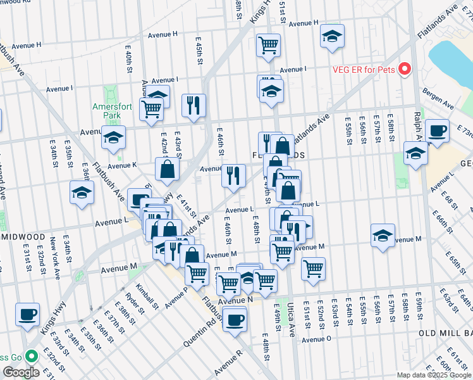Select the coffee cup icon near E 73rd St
[x=437, y=131]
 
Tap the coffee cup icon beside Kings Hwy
[x=27, y=315]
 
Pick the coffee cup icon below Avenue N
[x=235, y=319]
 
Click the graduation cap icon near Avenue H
[x=332, y=37]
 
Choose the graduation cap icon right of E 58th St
[x=415, y=153]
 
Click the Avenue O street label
[x=316, y=339]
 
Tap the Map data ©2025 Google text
[x=433, y=374]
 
